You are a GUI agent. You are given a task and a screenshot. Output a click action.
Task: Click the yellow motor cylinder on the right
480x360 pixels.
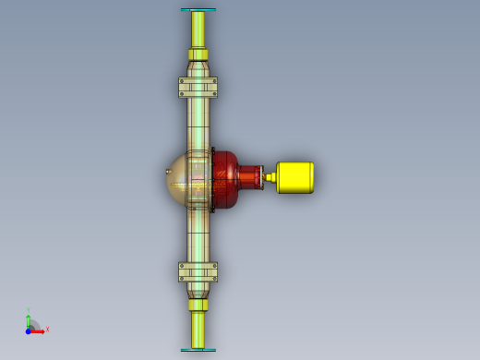(x=295, y=177)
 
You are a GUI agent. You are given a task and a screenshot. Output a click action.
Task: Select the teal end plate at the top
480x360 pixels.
(x=198, y=9)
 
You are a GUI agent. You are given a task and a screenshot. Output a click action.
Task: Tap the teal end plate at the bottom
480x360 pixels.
(x=198, y=350)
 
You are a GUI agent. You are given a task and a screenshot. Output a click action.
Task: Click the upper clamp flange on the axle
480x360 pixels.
(x=198, y=88)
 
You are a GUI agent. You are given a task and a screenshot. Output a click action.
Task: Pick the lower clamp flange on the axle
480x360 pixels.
(x=198, y=271)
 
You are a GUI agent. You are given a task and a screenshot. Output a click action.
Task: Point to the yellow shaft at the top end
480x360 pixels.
(x=198, y=32)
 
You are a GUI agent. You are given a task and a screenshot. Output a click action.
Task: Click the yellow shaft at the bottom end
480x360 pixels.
(x=198, y=328)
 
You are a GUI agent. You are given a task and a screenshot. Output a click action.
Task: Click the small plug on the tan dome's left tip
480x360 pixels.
(x=167, y=172)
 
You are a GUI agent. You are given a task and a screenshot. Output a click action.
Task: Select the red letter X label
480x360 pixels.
(x=47, y=330)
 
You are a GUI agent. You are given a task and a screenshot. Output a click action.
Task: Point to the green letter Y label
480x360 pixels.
(x=29, y=309)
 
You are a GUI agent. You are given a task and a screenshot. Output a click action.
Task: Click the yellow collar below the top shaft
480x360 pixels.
(x=198, y=67)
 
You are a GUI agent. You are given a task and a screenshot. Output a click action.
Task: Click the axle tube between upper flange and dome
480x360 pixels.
(x=198, y=125)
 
